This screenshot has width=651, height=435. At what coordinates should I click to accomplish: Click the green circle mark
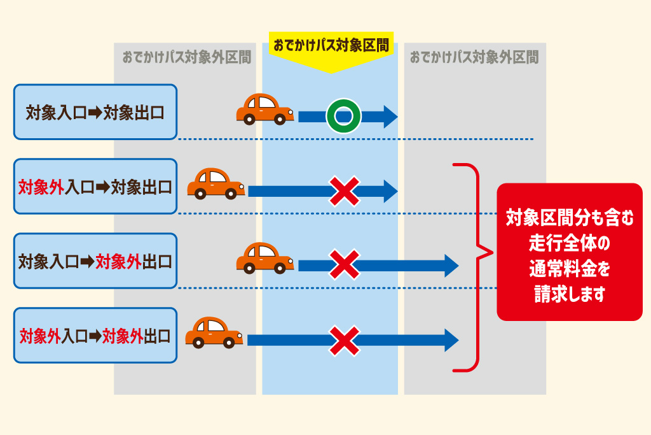[344, 116]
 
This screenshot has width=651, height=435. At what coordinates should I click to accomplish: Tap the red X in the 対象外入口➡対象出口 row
[344, 191]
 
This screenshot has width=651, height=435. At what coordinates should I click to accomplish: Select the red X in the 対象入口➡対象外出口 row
[344, 265]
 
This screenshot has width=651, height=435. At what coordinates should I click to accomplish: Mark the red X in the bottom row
[344, 340]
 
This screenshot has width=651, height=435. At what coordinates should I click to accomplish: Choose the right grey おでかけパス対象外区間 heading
[474, 57]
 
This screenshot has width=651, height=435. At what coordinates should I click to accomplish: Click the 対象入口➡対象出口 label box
[95, 112]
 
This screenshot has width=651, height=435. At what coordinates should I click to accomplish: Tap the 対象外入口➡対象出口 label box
[95, 187]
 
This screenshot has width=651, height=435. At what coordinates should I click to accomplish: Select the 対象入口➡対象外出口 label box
[95, 261]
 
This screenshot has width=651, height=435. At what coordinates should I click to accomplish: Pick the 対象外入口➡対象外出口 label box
[95, 336]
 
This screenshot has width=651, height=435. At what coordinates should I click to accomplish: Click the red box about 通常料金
[570, 252]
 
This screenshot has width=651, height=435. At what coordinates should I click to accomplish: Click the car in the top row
[265, 109]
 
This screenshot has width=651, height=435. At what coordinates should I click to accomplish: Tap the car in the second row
[216, 183]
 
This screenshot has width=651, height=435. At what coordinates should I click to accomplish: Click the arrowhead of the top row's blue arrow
[389, 117]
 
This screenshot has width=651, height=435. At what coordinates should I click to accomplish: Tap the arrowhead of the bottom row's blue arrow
[451, 340]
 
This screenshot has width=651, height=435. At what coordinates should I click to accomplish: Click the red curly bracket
[474, 267]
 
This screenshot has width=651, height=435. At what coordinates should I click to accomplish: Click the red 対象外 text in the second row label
[42, 187]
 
